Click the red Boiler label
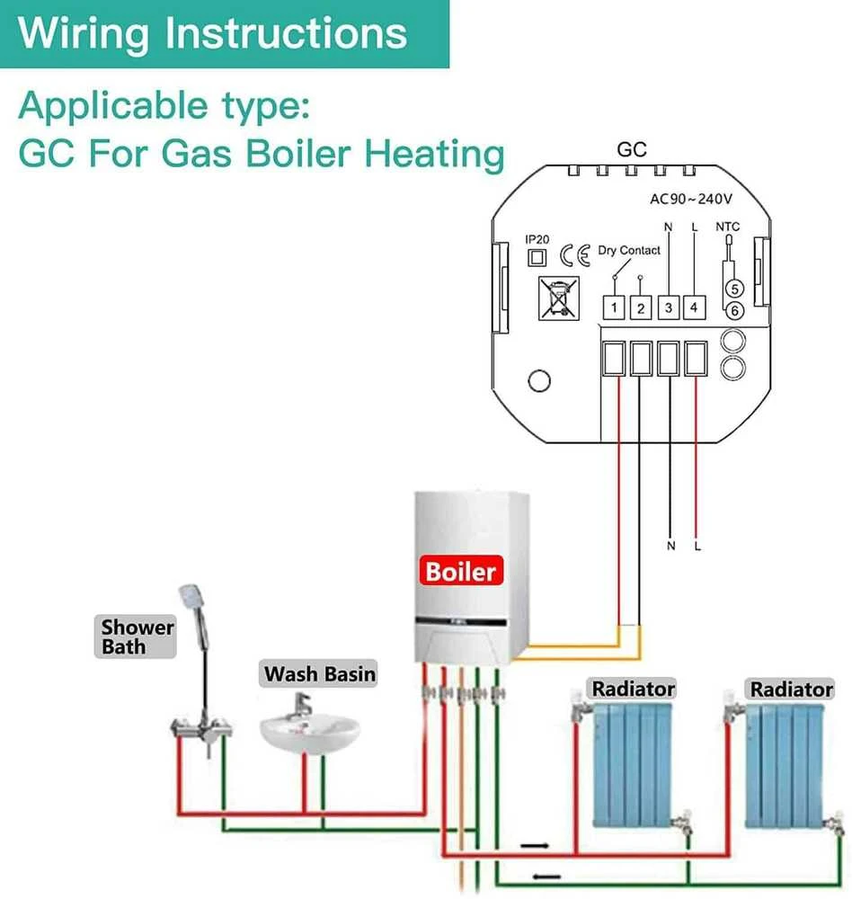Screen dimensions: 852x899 [461, 571]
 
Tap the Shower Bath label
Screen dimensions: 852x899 [136, 636]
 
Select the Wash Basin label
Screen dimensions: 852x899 [319, 673]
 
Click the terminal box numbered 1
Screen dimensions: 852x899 [614, 307]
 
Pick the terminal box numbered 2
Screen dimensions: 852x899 [641, 307]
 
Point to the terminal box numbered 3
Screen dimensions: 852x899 [668, 307]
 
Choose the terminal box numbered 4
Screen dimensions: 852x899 [695, 307]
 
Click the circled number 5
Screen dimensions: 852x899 [735, 289]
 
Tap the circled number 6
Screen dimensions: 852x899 [735, 311]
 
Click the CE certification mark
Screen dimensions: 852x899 [575, 255]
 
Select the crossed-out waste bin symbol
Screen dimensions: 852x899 [558, 298]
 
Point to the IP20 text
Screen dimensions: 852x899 [537, 240]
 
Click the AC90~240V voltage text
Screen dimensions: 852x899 [691, 199]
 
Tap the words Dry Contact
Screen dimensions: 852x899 [629, 250]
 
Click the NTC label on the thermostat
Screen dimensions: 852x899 [728, 227]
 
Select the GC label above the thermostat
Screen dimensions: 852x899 [632, 149]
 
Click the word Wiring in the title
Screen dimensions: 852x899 [84, 33]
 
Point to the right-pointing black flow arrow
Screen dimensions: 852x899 [535, 846]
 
